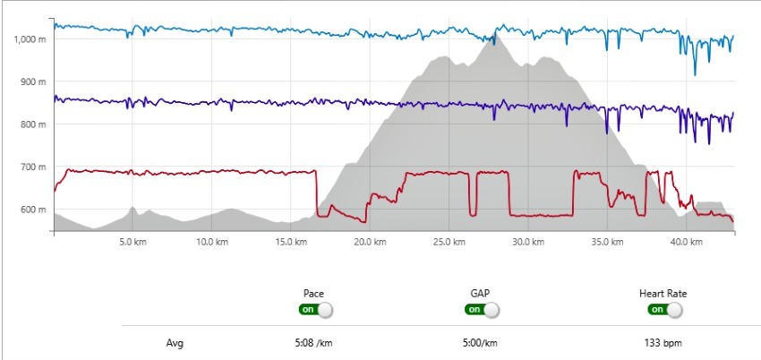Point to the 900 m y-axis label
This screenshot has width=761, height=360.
point(32,82)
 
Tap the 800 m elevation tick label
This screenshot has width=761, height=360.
point(32,124)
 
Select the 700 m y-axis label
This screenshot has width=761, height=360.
point(32,167)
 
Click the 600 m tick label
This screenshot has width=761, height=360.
point(32,210)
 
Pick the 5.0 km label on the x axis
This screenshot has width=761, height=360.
point(132,242)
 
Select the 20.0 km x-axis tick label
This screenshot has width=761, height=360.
point(367,242)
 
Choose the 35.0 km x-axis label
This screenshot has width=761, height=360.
point(603,242)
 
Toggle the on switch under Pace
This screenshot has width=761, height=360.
point(315,310)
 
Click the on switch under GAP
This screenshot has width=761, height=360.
point(481,310)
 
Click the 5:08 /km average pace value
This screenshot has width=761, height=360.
point(313,342)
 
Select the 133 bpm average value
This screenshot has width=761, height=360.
point(663,342)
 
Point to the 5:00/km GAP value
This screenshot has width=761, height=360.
point(480,342)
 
